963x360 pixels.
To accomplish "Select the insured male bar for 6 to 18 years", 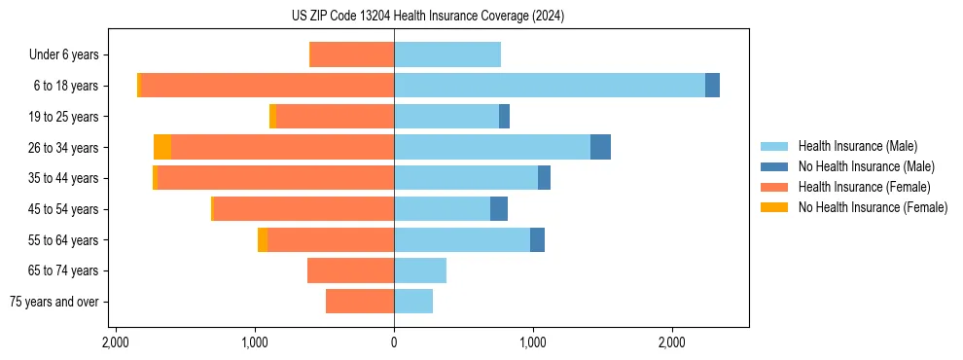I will pyautogui.click(x=550, y=86).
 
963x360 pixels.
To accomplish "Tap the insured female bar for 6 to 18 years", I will pyautogui.click(x=267, y=86).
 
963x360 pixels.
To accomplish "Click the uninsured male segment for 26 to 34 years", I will pyautogui.click(x=600, y=147).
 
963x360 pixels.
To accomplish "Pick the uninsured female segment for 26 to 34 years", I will pyautogui.click(x=162, y=147).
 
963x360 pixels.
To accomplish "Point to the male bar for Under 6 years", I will pyautogui.click(x=447, y=54).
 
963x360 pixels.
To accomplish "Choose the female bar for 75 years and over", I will pyautogui.click(x=360, y=302).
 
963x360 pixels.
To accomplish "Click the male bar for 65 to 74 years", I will pyautogui.click(x=420, y=270).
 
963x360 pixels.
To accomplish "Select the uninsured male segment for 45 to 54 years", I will pyautogui.click(x=499, y=208).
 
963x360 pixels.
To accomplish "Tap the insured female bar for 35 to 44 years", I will pyautogui.click(x=275, y=178).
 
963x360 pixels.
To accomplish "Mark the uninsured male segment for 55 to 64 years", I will pyautogui.click(x=537, y=239).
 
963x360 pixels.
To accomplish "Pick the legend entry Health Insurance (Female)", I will pyautogui.click(x=864, y=187).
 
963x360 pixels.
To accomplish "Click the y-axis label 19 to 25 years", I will pyautogui.click(x=65, y=117).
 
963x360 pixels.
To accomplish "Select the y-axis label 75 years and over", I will pyautogui.click(x=54, y=302).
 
